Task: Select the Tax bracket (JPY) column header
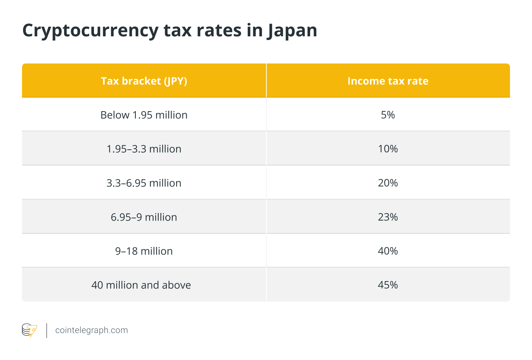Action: coord(144,81)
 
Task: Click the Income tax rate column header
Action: coord(388,81)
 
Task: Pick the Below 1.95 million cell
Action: coord(144,115)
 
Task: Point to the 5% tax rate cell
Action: coord(388,115)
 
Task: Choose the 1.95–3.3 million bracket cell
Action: coord(144,149)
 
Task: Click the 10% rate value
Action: coord(388,149)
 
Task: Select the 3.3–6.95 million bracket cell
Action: coord(144,183)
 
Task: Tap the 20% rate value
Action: coord(388,183)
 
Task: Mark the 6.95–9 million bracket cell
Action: coord(144,217)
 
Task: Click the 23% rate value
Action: coord(388,217)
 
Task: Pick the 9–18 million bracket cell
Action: coord(144,251)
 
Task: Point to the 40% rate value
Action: coord(388,251)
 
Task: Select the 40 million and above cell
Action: coord(141,285)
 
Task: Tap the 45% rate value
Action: coord(388,285)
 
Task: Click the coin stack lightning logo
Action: coord(29,330)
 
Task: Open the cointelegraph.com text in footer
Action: coord(91,330)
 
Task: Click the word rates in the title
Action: coord(219,31)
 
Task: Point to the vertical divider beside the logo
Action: coord(47,330)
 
